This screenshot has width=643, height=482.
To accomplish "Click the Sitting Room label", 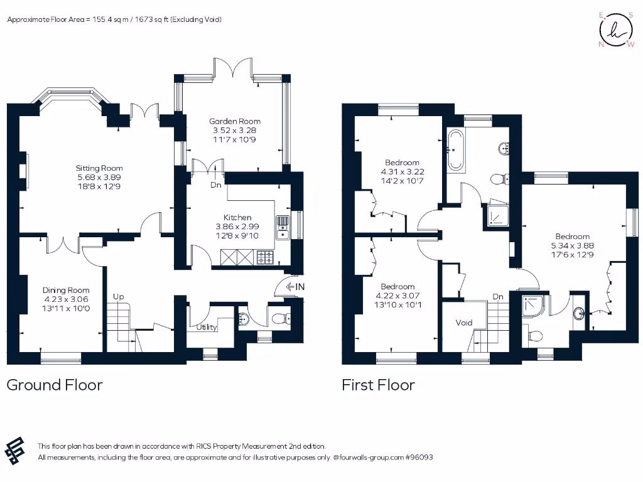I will (99, 168).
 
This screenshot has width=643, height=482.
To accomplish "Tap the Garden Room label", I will (235, 121).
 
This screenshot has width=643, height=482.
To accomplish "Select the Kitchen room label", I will (237, 217).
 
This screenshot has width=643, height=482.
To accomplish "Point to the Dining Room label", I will (66, 290).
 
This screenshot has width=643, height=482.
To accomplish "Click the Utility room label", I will (206, 327).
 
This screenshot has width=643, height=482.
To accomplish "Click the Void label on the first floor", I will (464, 323).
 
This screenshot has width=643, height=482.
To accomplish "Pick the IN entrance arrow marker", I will (294, 287).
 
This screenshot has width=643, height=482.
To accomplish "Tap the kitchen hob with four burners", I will (264, 257).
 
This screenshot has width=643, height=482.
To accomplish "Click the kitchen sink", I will (282, 227).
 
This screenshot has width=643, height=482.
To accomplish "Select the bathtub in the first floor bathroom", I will (455, 150).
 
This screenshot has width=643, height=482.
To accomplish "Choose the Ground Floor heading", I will (55, 385).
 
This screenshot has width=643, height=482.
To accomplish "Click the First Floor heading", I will (378, 385).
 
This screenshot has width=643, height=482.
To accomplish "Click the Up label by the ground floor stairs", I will (117, 296).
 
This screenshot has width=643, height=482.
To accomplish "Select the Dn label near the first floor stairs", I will (498, 296).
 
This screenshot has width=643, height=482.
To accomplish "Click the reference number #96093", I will (418, 458).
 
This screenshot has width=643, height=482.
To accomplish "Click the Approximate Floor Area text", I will (114, 19).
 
